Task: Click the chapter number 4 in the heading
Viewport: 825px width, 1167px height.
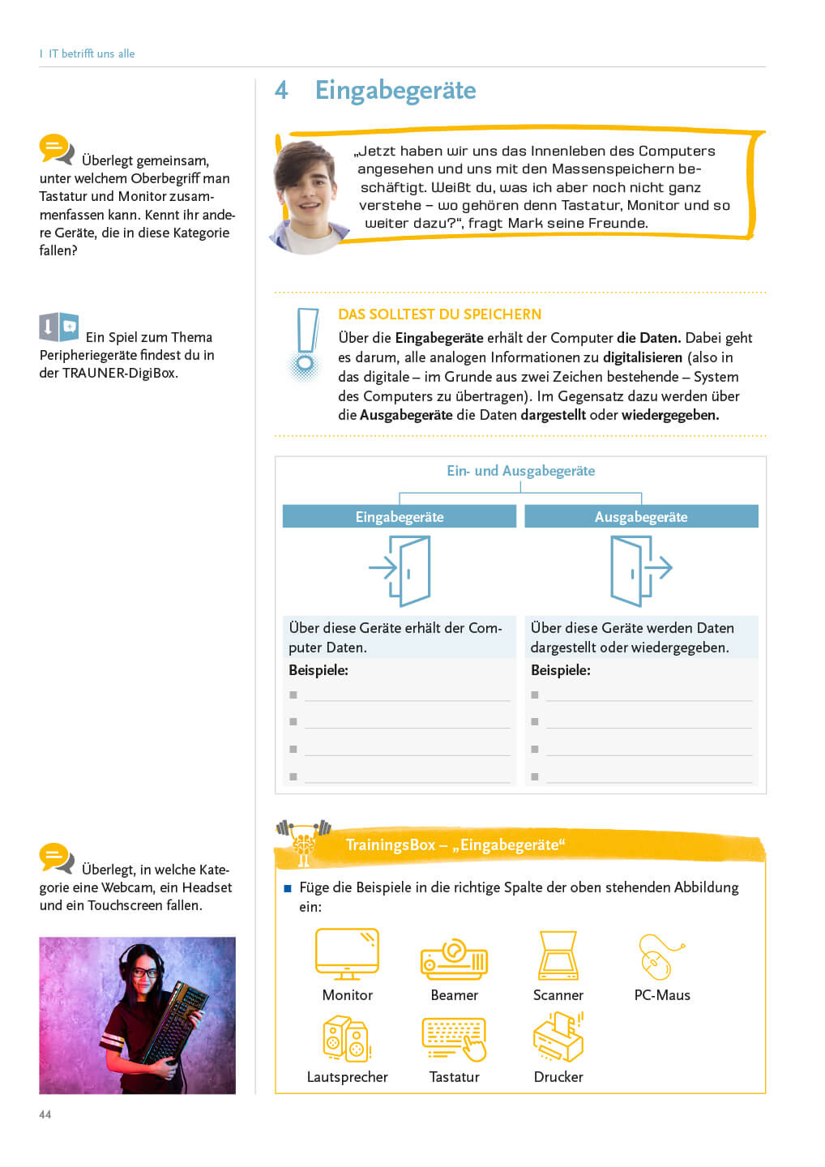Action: [281, 90]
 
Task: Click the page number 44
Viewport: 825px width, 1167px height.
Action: [45, 1114]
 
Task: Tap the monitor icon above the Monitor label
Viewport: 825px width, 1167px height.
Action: [347, 954]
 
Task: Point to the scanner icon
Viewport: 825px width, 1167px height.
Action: [558, 955]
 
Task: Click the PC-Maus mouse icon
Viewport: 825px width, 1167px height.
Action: [660, 957]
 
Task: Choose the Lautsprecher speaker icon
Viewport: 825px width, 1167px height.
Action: [347, 1039]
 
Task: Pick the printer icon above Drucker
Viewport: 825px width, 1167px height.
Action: [558, 1037]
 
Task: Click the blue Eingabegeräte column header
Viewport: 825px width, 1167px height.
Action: [400, 517]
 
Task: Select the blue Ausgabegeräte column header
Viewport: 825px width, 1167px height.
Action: [641, 517]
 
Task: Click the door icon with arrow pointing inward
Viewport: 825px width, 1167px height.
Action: [400, 571]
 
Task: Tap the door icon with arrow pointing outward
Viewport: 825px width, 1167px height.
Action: [641, 571]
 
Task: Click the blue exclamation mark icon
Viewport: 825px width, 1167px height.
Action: [306, 344]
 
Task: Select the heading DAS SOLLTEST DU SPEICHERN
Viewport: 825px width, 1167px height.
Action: [439, 314]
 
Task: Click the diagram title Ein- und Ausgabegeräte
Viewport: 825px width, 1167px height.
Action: [520, 471]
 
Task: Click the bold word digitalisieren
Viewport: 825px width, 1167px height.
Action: [643, 357]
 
